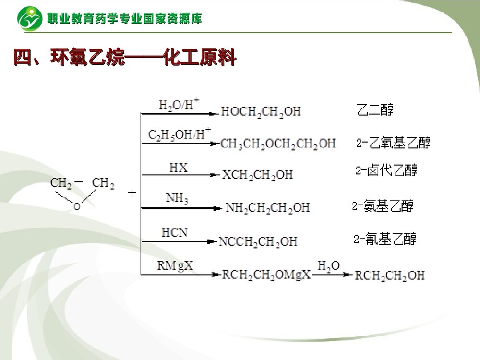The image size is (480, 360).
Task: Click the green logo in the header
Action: [x=30, y=18]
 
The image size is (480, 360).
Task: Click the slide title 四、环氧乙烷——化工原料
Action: [x=125, y=59]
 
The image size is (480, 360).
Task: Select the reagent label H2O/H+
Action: [x=179, y=105]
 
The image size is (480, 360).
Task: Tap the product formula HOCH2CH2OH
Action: [x=261, y=112]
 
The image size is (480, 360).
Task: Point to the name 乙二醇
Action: [x=375, y=110]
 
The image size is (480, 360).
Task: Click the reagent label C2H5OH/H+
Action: [x=179, y=134]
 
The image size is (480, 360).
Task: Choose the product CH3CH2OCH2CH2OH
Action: [x=278, y=143]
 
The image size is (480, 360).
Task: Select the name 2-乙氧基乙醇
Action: [x=394, y=142]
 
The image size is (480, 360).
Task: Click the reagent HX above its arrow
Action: [x=179, y=168]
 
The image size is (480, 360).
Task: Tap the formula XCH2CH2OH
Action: [x=257, y=174]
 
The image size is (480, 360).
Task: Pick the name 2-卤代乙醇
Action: [x=386, y=170]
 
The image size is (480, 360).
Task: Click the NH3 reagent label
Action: [x=177, y=198]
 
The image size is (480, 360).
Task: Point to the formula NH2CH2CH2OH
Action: [x=267, y=208]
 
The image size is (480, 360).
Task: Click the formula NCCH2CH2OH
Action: [x=258, y=241]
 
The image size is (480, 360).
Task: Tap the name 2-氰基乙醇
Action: [x=385, y=239]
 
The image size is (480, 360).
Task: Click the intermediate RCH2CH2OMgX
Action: [x=266, y=275]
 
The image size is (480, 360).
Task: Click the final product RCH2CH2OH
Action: [x=389, y=275]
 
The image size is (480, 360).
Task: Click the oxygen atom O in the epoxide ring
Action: [x=76, y=207]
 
